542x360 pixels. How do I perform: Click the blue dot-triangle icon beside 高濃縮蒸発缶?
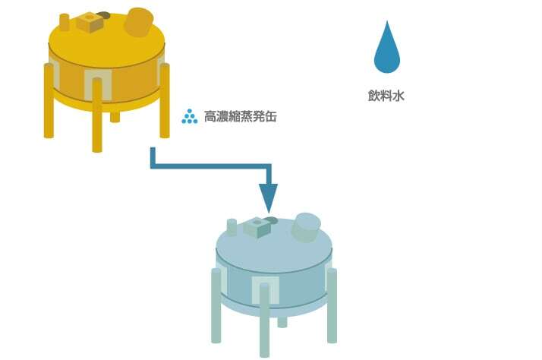pyautogui.click(x=189, y=117)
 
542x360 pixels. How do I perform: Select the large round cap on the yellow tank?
pyautogui.click(x=138, y=22)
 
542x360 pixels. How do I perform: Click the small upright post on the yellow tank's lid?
pyautogui.click(x=65, y=23)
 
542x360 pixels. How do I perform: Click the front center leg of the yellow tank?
pyautogui.click(x=97, y=125)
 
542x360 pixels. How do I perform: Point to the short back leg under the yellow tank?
pyautogui.click(x=115, y=115)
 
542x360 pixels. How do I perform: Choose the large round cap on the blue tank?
pyautogui.click(x=306, y=227)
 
